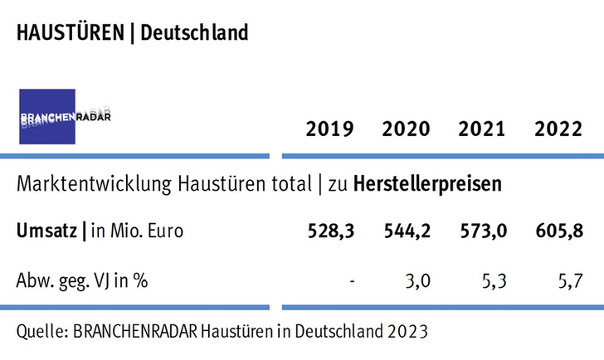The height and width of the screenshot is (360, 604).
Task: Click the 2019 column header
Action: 329,129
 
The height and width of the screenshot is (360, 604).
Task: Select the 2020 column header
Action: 406,129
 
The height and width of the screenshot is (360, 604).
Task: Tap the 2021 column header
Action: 482,129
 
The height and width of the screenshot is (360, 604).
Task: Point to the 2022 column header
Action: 558,129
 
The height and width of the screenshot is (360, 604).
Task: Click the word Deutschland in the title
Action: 194,33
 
